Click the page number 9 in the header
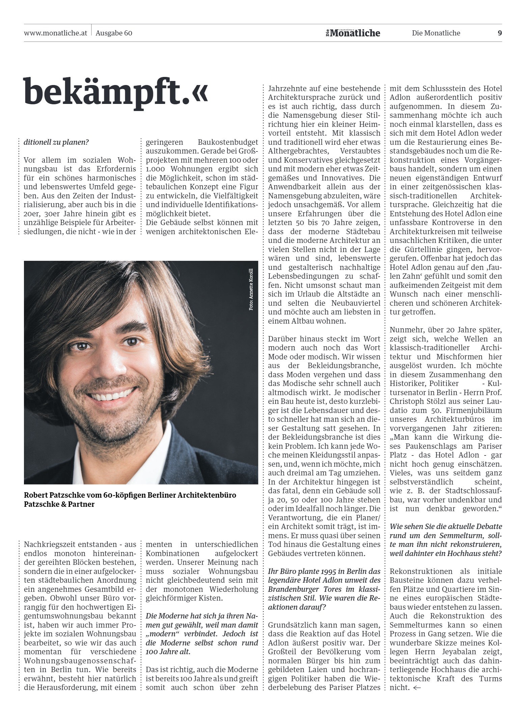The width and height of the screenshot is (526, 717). tap(500, 33)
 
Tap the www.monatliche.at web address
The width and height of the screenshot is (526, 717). tap(56, 33)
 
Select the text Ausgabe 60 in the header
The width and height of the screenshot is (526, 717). tap(114, 33)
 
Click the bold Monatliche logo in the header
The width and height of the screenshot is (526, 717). tap(353, 33)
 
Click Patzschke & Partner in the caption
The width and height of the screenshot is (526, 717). tap(59, 504)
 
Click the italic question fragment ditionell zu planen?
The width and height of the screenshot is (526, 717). tap(56, 142)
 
